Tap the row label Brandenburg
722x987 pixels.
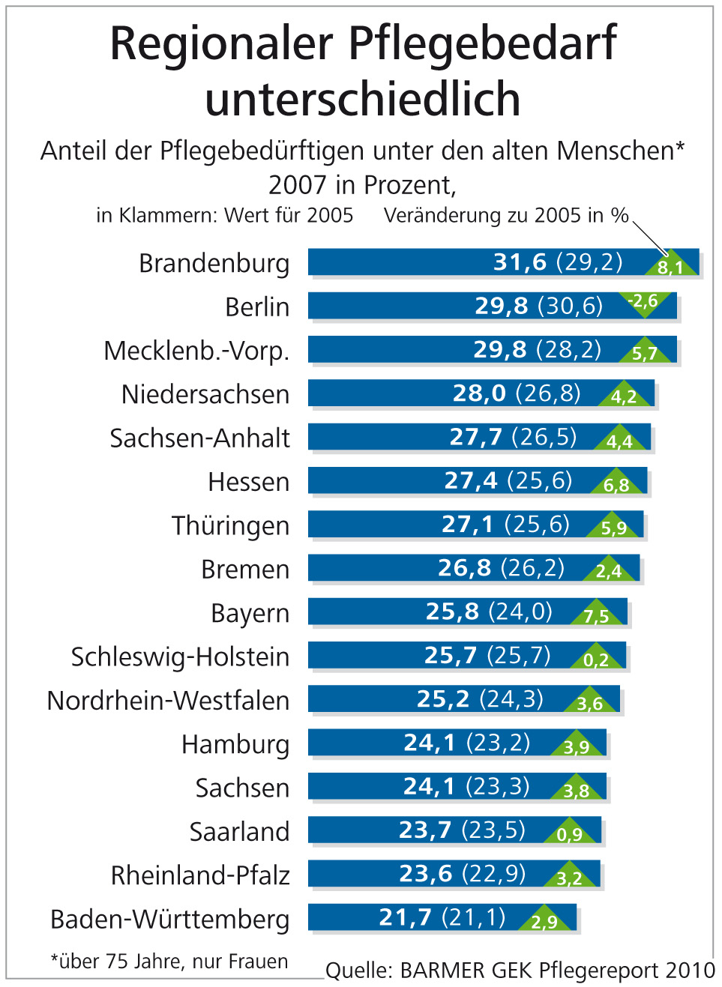click(x=214, y=264)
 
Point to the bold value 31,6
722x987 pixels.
click(x=520, y=262)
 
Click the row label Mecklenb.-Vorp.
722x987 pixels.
click(x=196, y=351)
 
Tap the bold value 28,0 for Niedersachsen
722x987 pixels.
click(x=479, y=393)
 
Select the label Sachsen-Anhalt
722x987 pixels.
click(x=199, y=438)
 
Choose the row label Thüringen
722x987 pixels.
click(x=230, y=526)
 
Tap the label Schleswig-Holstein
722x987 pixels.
click(x=180, y=657)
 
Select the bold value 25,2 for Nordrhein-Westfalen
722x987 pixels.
click(x=442, y=699)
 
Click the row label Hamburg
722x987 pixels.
click(x=235, y=745)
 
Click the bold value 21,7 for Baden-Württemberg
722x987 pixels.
click(x=405, y=917)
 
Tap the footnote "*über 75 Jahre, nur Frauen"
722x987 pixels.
click(x=169, y=962)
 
